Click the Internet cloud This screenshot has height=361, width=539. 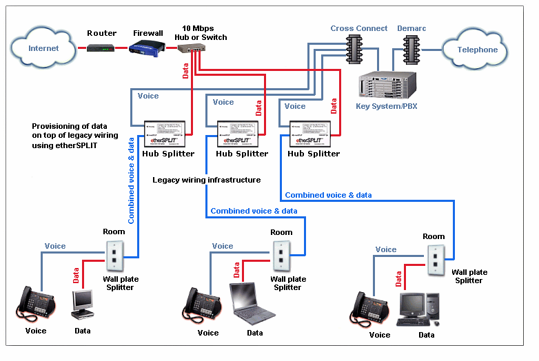pyautogui.click(x=43, y=48)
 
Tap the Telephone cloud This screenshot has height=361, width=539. pyautogui.click(x=478, y=50)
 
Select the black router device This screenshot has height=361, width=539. pyautogui.click(x=101, y=48)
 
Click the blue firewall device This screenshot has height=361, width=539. pyautogui.click(x=147, y=48)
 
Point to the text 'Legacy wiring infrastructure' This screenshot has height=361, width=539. pyautogui.click(x=207, y=180)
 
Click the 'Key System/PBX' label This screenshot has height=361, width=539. pyautogui.click(x=387, y=106)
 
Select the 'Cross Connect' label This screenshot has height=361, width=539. pyautogui.click(x=358, y=28)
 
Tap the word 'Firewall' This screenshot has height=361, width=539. pyautogui.click(x=148, y=32)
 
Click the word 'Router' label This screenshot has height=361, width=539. pyautogui.click(x=101, y=32)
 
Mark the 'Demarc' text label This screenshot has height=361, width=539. pyautogui.click(x=411, y=28)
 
